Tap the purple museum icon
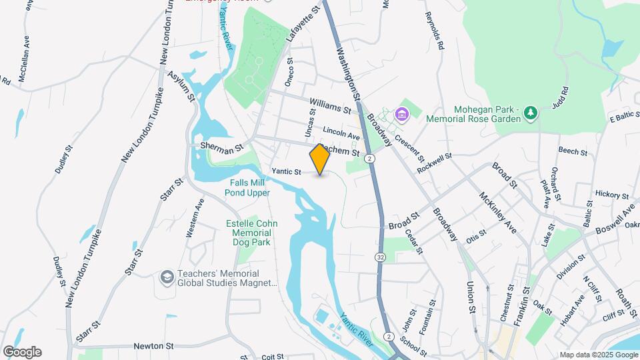402,115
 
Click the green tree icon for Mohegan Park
530,113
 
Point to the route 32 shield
380,257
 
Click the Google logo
22,352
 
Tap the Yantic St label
286,172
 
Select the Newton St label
153,346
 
